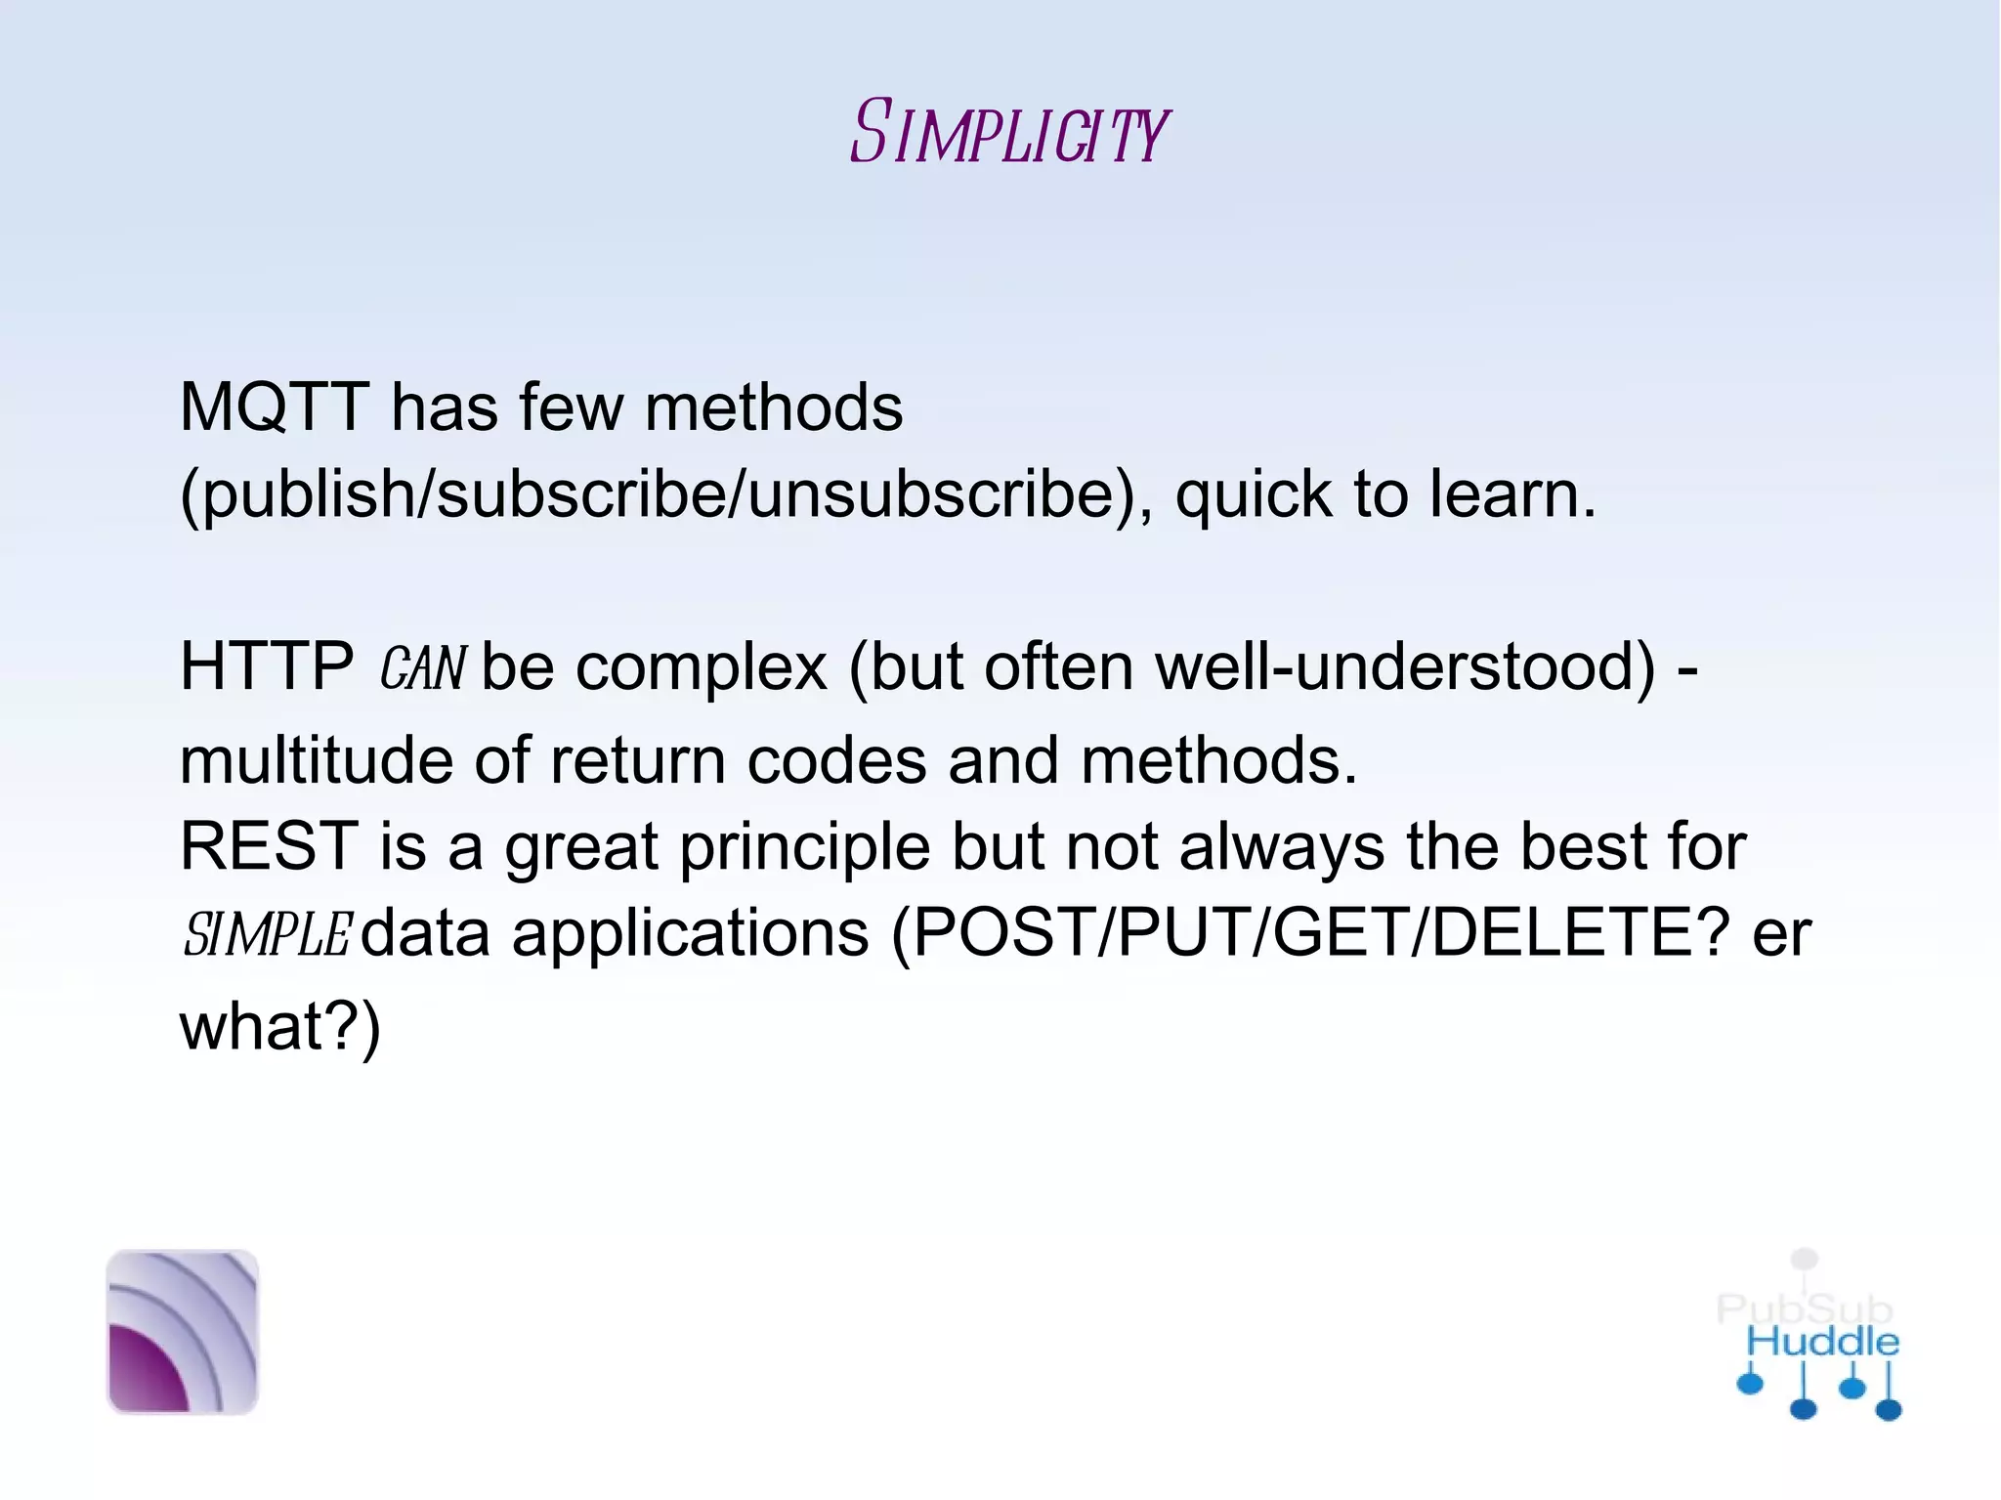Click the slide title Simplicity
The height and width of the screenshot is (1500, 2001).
click(1008, 132)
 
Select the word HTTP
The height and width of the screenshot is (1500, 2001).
click(267, 667)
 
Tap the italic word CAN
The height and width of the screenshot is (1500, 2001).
click(423, 669)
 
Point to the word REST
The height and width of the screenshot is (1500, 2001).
click(269, 846)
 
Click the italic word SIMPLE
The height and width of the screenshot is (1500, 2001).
click(266, 934)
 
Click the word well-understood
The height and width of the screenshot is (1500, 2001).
click(1405, 667)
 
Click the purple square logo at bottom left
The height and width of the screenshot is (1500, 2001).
click(183, 1332)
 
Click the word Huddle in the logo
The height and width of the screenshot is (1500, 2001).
click(1823, 1342)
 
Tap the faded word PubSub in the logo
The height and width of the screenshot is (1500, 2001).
click(1805, 1308)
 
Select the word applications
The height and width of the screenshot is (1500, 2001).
click(690, 934)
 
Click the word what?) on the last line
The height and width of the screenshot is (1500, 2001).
click(280, 1027)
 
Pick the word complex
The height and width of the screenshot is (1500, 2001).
click(702, 667)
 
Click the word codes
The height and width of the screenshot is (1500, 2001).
click(836, 760)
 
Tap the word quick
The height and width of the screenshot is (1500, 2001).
click(1253, 494)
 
